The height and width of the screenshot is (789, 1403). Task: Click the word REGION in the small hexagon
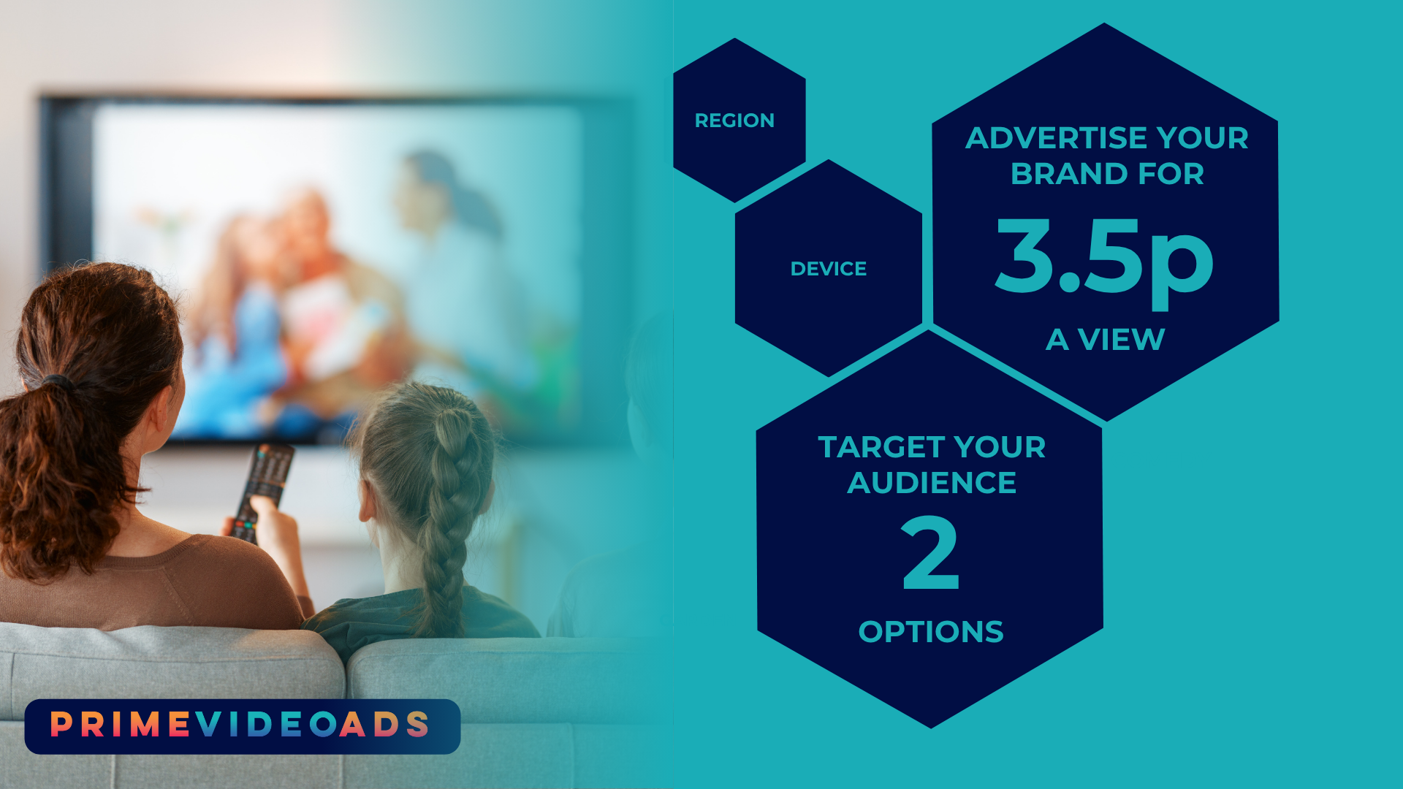point(734,121)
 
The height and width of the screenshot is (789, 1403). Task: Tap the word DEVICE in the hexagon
point(829,269)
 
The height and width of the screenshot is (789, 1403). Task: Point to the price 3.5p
point(1104,262)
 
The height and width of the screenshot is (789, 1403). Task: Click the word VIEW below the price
point(1121,340)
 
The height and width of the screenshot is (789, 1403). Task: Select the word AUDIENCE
point(932,483)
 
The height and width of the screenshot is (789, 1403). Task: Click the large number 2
point(930,553)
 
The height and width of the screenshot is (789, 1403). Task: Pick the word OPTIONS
point(931,632)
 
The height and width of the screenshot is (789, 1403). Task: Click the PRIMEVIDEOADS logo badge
point(243,726)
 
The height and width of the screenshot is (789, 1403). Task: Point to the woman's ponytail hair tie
point(56,381)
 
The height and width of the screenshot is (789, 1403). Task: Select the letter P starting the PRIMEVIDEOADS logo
point(61,725)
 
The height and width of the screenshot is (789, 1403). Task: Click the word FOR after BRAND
point(1171,174)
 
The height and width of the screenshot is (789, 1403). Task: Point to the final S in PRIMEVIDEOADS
point(418,725)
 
